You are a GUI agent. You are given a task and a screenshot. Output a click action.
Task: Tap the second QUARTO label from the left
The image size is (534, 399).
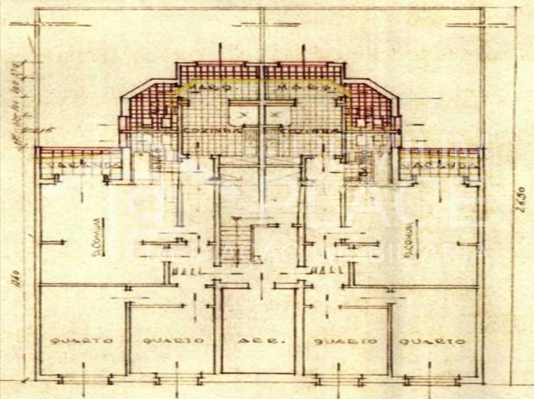[x=172, y=341]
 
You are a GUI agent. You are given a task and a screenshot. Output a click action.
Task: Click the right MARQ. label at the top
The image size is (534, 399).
[x=294, y=86]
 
